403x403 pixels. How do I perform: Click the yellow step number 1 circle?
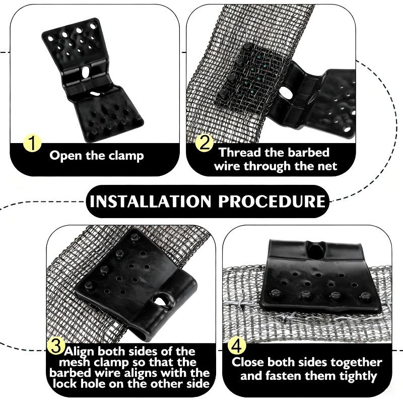pos(32,143)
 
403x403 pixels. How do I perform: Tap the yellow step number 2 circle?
pos(205,143)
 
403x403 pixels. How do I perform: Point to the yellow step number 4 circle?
pos(237,346)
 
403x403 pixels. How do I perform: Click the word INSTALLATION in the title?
pos(150,201)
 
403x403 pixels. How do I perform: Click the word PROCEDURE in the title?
pos(272,201)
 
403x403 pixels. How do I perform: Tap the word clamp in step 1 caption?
pos(126,156)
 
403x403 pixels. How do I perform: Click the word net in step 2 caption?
pos(327,166)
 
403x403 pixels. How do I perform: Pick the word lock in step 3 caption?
pos(65,384)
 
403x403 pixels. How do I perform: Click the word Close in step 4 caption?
pos(247,362)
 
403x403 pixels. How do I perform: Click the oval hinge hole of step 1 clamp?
pos(86,72)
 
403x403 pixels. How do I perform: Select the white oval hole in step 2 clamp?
pos(285,93)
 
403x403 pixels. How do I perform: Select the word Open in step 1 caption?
pos(65,156)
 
